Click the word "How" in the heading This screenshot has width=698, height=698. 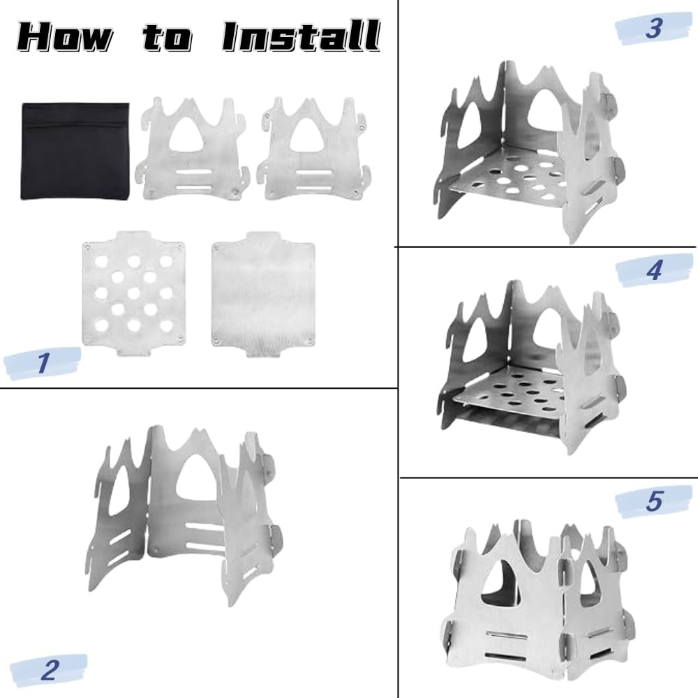[66, 37]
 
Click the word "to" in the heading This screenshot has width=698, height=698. [168, 37]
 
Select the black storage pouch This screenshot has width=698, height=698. [75, 151]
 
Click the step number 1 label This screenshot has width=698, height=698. [43, 362]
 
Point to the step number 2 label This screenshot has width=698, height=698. [50, 669]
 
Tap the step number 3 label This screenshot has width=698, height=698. [653, 28]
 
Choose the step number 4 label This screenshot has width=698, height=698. [653, 269]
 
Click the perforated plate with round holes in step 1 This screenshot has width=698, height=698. [133, 293]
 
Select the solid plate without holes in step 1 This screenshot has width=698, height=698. [264, 294]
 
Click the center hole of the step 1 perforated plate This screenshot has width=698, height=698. [133, 293]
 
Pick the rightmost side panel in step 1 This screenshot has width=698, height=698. [315, 147]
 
